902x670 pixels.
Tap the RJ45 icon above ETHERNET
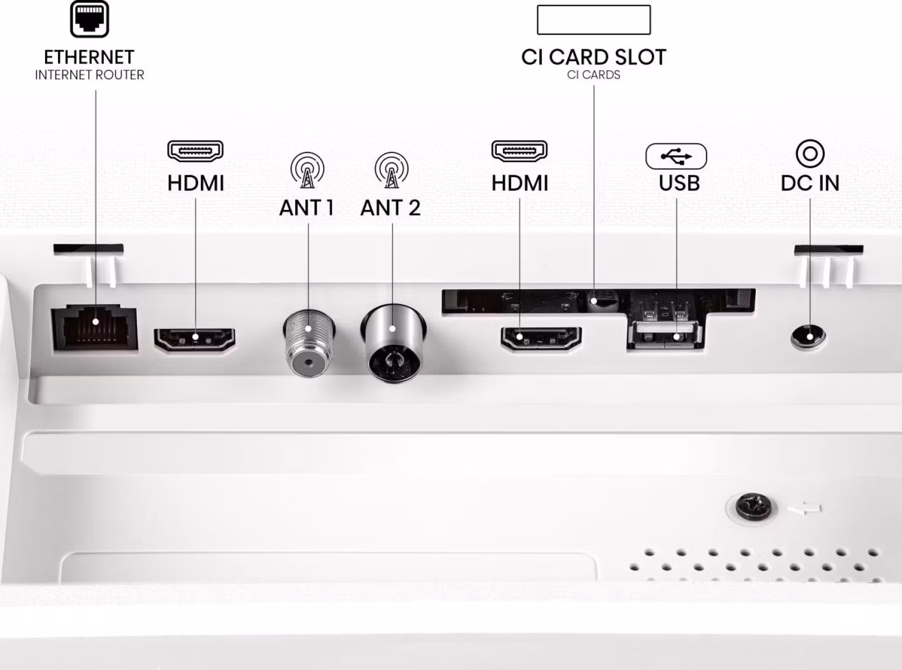coord(89,19)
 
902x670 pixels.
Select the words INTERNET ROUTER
coord(89,75)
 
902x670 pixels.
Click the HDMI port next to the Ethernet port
coord(194,339)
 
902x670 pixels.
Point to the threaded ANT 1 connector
coord(308,344)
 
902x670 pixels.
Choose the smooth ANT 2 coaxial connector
coord(392,342)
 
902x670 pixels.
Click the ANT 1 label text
coord(306,208)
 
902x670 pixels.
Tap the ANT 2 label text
coord(390,208)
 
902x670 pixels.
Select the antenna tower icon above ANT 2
coord(392,170)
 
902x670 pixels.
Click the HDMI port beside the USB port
coord(541,338)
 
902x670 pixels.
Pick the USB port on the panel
coord(665,334)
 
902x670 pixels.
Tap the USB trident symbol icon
coord(677,156)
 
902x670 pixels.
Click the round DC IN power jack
coord(808,337)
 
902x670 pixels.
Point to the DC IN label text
coord(810,183)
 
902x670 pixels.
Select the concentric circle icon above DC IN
coord(810,154)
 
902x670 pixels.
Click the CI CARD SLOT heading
coord(594,57)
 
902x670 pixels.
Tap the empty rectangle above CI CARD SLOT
coord(594,20)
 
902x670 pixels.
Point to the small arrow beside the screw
coord(804,509)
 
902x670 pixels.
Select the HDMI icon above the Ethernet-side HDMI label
coord(195,151)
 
